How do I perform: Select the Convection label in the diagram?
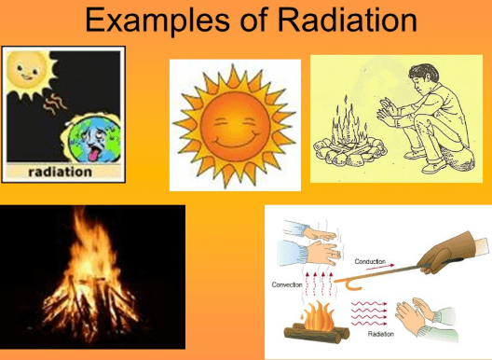pyautogui.click(x=287, y=284)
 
